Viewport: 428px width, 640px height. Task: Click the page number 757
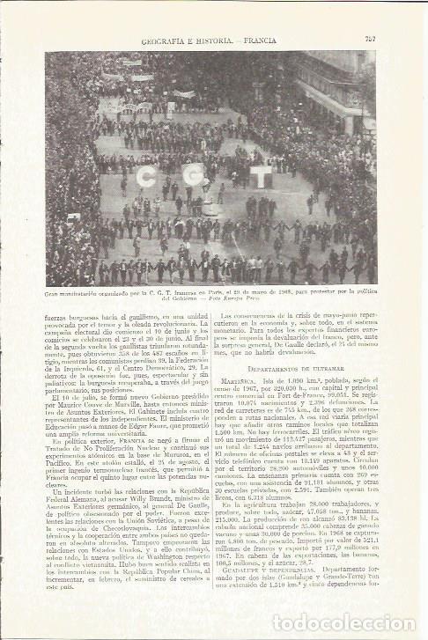pyautogui.click(x=371, y=38)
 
